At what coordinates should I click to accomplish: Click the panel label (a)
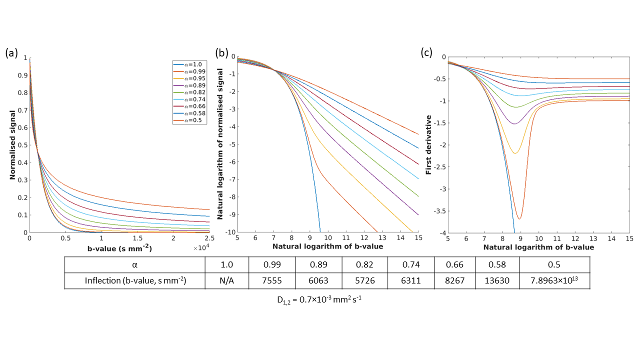[12, 53]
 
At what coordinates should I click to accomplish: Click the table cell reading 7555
[272, 281]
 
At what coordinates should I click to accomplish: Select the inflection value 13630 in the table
[497, 281]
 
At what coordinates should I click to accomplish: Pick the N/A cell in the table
[227, 281]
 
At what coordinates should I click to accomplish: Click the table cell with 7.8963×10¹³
[554, 280]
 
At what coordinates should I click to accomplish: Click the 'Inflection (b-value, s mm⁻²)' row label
[135, 281]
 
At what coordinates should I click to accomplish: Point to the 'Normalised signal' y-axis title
[13, 145]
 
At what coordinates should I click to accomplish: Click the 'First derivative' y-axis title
[428, 145]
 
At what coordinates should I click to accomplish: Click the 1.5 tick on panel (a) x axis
[137, 239]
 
